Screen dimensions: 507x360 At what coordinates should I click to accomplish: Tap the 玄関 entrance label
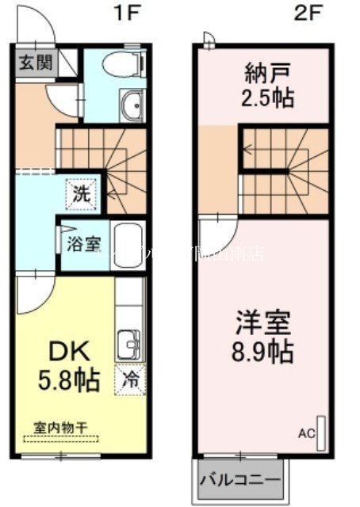click(x=34, y=63)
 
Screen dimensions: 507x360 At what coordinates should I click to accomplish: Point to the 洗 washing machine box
click(x=82, y=192)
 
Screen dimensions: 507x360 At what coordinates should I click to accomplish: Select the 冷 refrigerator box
click(x=131, y=379)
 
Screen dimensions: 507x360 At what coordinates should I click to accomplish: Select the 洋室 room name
click(x=262, y=322)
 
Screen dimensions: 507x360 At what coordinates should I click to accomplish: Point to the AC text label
click(x=306, y=433)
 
